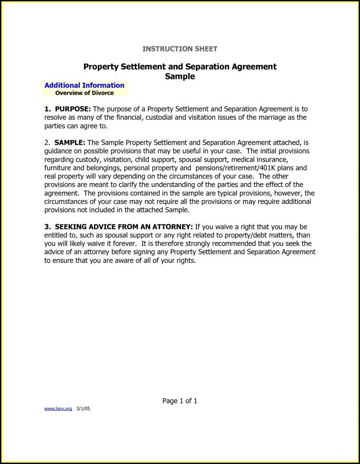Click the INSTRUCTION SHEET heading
(180, 48)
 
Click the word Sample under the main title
(180, 76)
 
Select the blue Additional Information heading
(84, 85)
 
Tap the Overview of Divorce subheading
(84, 93)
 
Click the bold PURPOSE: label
(73, 109)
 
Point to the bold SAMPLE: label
(70, 143)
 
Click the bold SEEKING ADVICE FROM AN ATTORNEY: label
(124, 227)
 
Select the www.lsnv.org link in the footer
(58, 409)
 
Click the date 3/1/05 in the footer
(83, 409)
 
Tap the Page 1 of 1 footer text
(180, 401)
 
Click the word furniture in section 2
(57, 168)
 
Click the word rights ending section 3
(186, 261)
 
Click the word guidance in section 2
(59, 151)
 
